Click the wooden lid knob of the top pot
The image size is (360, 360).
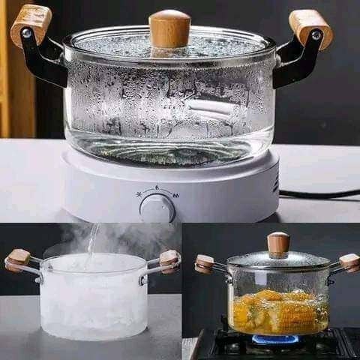pos(169,29)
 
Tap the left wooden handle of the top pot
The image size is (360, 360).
pos(31,22)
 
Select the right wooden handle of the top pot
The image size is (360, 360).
pos(310,27)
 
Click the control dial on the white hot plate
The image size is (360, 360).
pos(157,207)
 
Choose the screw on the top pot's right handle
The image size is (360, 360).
pos(316,35)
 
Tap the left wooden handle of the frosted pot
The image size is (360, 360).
pos(18,259)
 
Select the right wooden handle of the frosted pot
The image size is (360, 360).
pos(169,259)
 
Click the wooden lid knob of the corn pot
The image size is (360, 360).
pos(278,244)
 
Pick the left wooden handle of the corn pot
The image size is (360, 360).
pos(204,264)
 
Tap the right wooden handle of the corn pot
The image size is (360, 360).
pos(349,262)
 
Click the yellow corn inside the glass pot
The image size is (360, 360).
pos(277,311)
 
